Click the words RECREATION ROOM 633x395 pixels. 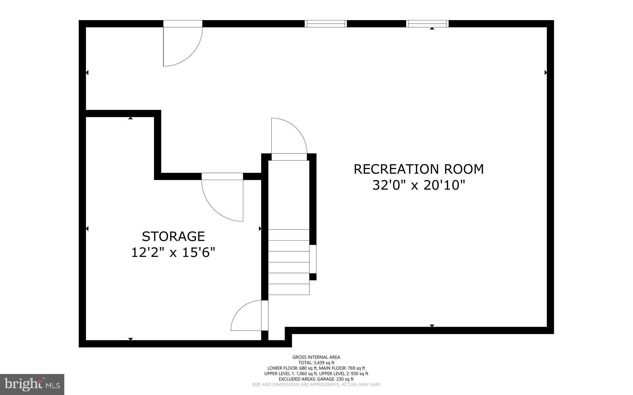click(x=418, y=169)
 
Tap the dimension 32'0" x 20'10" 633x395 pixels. click(x=418, y=185)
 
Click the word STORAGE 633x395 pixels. click(x=173, y=237)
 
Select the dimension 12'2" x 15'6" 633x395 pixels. click(x=173, y=252)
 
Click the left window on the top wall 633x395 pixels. click(x=325, y=24)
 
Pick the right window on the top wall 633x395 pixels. click(x=427, y=24)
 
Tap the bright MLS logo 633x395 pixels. click(x=32, y=384)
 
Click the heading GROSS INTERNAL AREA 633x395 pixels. click(x=316, y=357)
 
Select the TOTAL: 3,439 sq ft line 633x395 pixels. click(x=316, y=363)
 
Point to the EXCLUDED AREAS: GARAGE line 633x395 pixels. click(x=316, y=379)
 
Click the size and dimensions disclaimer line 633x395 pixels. click(x=316, y=384)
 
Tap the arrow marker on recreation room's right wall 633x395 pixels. click(x=546, y=73)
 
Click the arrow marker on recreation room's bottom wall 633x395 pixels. click(x=432, y=326)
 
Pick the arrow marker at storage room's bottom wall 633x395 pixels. click(x=130, y=339)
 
